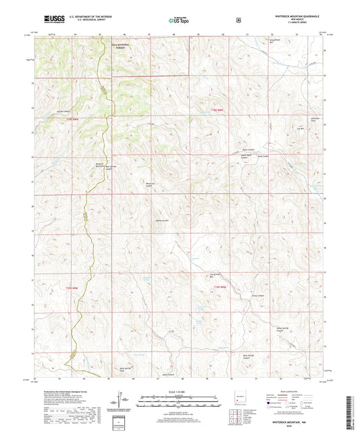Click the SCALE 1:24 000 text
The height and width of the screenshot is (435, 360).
178,392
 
